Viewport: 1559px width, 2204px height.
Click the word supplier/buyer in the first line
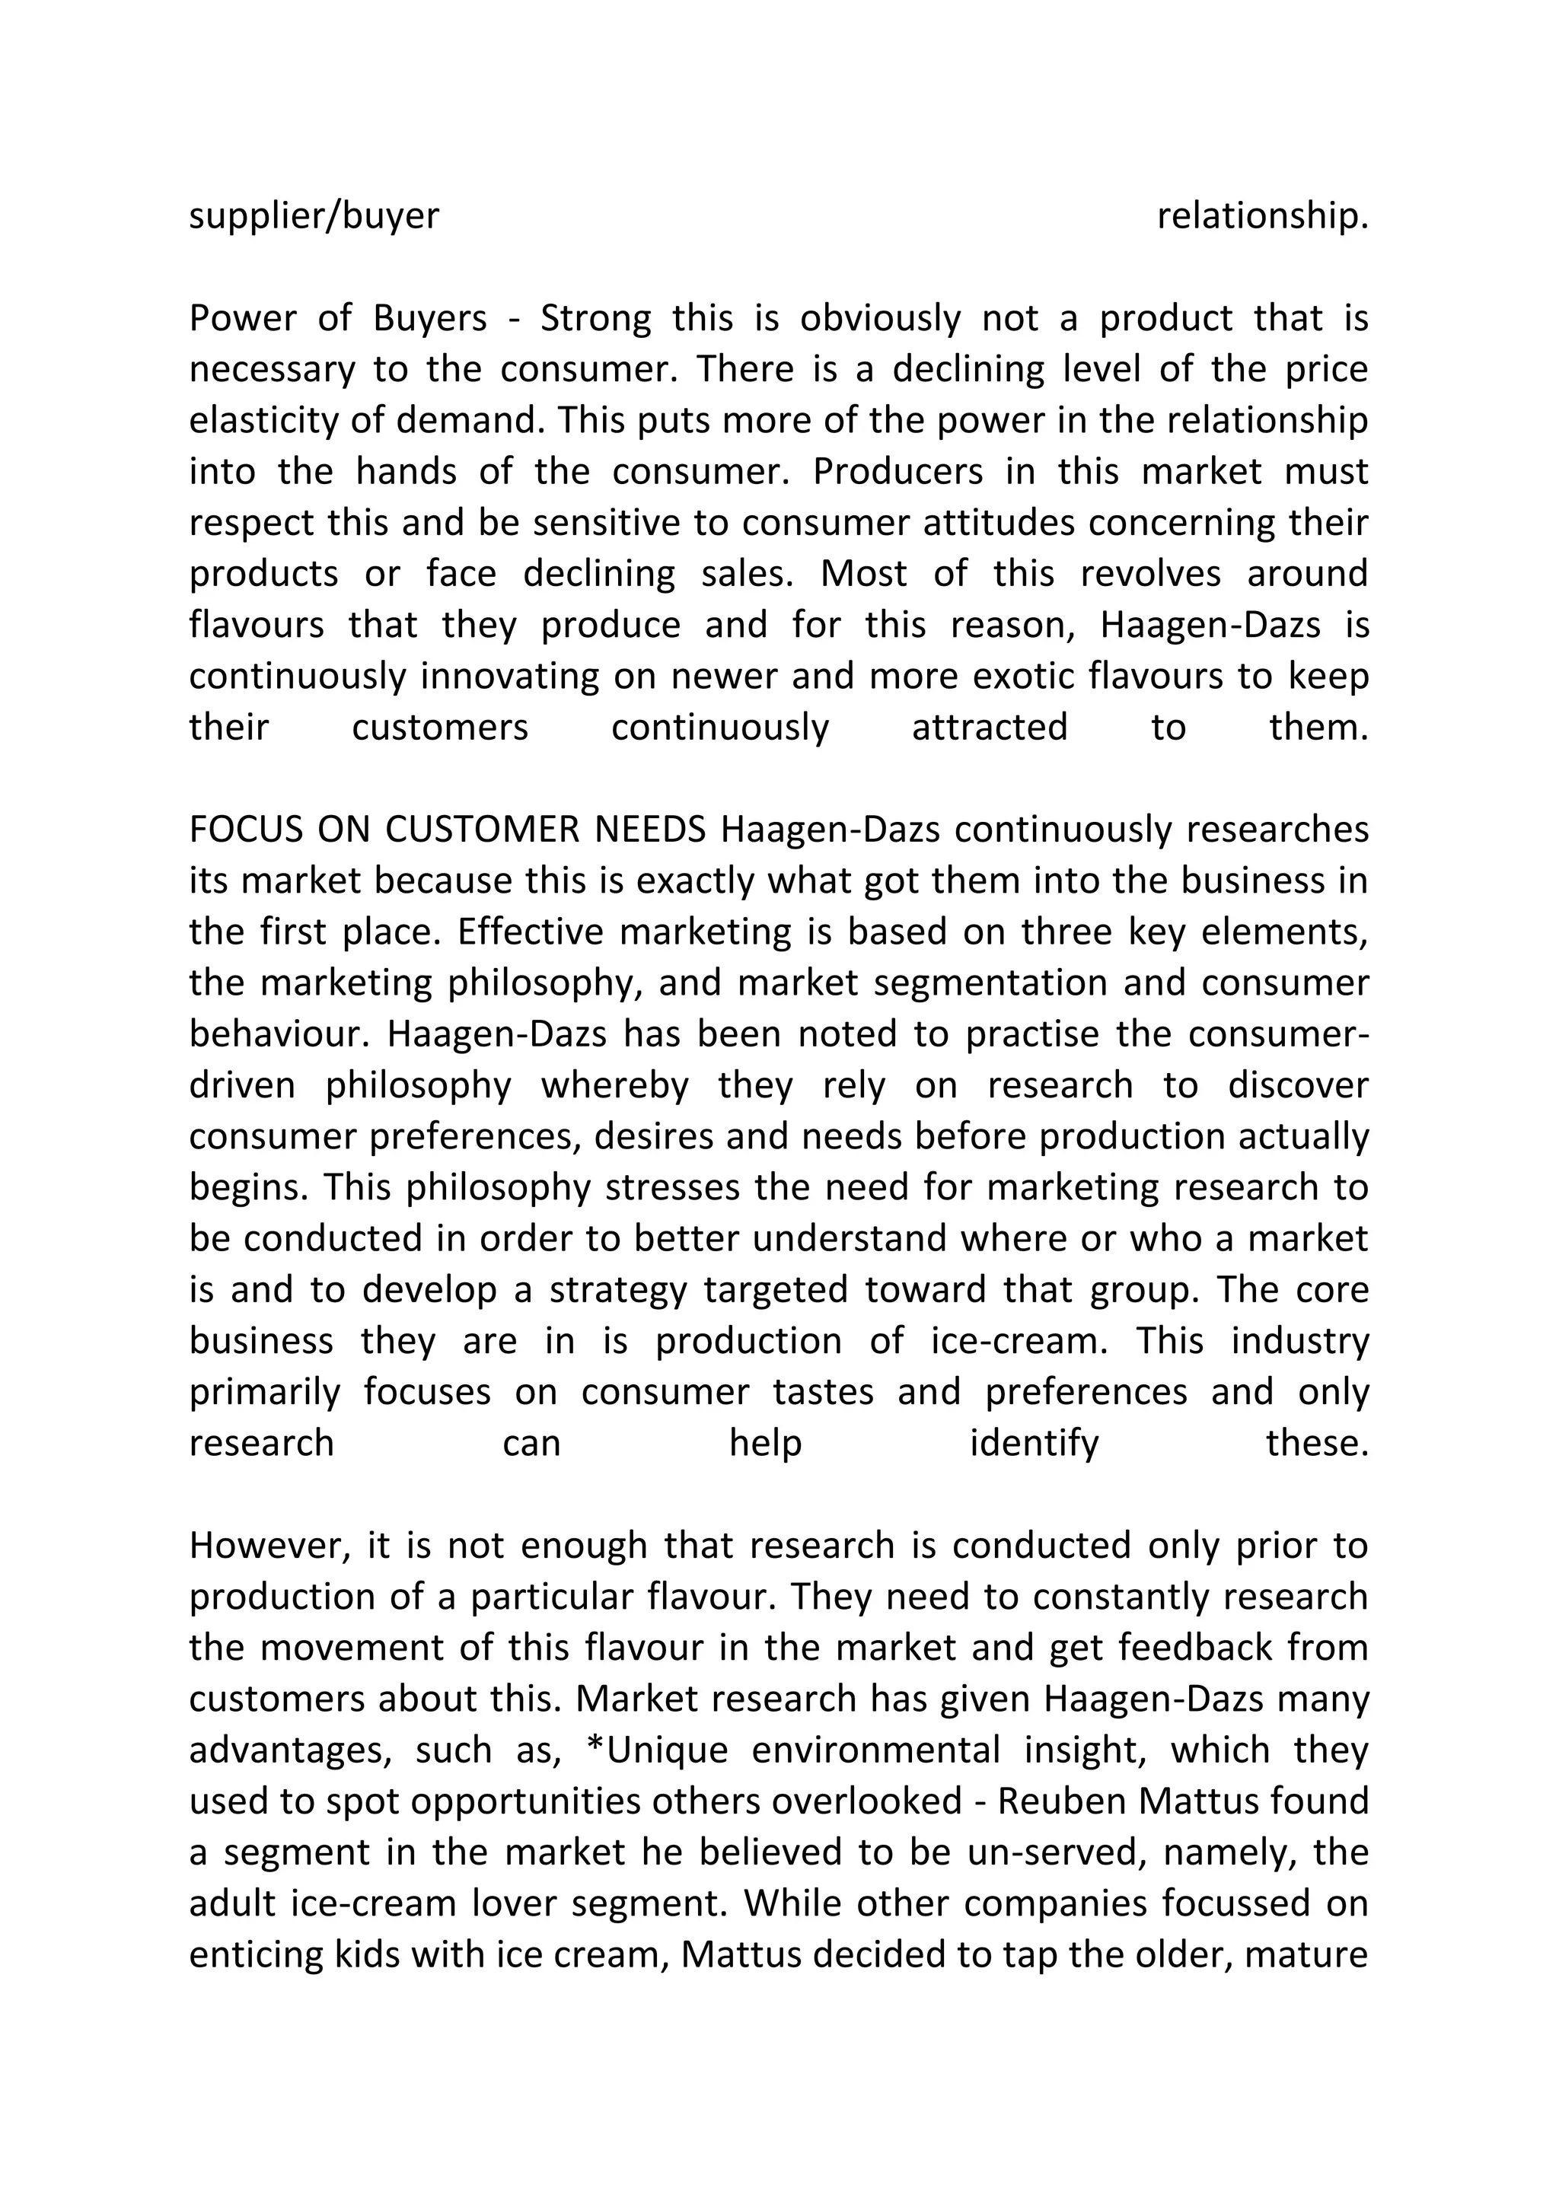[314, 216]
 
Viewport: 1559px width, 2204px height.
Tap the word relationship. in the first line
[1261, 216]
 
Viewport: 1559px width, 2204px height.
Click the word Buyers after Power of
[430, 317]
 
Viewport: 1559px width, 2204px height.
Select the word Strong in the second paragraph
[595, 317]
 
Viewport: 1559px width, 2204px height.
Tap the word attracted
[989, 727]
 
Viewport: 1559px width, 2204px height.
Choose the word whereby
[614, 1084]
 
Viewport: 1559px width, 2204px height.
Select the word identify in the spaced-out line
[1034, 1443]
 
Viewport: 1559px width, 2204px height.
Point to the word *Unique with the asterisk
[658, 1750]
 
